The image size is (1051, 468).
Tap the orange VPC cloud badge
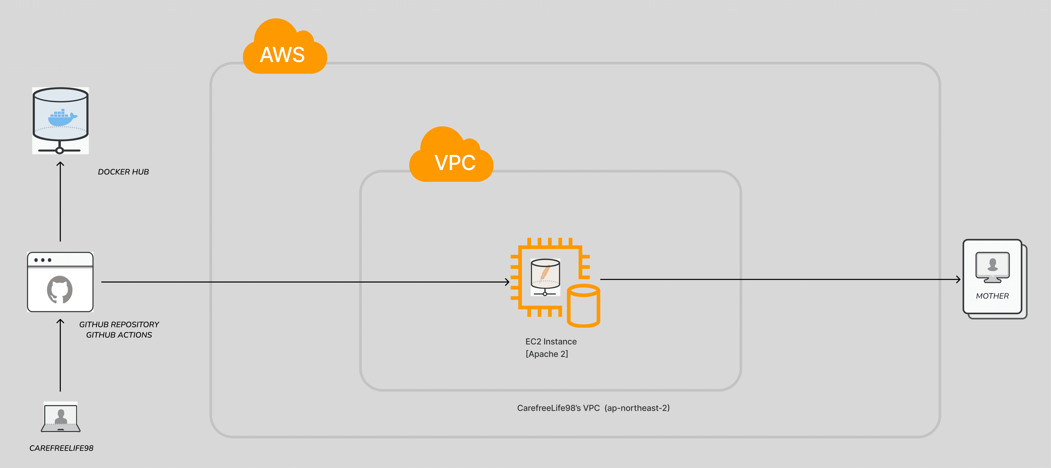[x=451, y=157]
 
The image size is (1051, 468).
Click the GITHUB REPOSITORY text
[x=119, y=325]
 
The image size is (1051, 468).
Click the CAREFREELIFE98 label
[x=61, y=448]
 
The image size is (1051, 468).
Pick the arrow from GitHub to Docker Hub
[x=60, y=202]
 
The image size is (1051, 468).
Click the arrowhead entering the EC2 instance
[x=507, y=282]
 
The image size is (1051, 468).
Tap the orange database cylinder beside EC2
[x=583, y=306]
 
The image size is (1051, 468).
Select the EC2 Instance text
[x=551, y=342]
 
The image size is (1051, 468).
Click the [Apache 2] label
[x=547, y=354]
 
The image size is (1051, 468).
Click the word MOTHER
[x=992, y=296]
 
